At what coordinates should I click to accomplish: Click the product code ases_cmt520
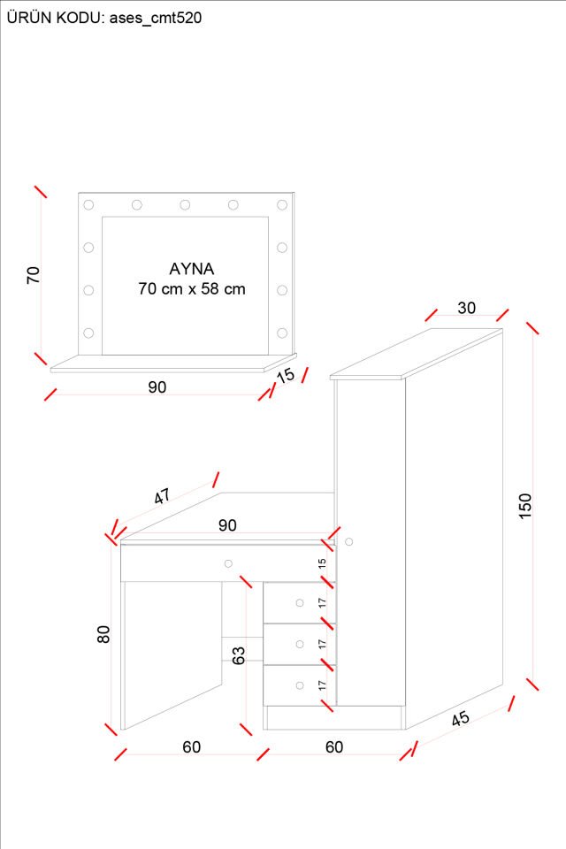(x=155, y=17)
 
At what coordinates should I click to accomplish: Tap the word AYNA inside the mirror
(x=192, y=268)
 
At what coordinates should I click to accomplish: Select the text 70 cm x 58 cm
(x=192, y=288)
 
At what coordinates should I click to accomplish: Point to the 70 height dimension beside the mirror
(x=34, y=274)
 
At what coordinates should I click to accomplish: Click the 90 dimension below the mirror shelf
(x=157, y=386)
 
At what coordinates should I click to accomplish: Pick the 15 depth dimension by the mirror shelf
(x=286, y=376)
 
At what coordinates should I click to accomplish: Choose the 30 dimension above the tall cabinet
(x=466, y=308)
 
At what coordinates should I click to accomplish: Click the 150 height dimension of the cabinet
(x=525, y=506)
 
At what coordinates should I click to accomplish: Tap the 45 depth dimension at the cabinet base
(x=461, y=718)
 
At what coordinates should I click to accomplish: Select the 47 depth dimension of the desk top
(x=163, y=496)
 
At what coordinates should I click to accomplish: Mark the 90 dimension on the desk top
(x=227, y=525)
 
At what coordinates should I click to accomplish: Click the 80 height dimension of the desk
(x=104, y=633)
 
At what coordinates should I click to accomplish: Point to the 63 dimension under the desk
(x=238, y=655)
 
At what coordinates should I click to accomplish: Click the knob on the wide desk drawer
(x=228, y=563)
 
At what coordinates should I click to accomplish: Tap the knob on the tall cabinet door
(x=349, y=541)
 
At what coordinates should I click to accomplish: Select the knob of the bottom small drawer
(x=300, y=684)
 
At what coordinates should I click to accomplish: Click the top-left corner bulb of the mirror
(x=88, y=205)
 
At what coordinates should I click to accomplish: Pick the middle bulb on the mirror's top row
(x=185, y=205)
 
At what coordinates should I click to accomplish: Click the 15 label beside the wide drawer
(x=323, y=562)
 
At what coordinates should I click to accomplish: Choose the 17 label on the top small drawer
(x=323, y=602)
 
